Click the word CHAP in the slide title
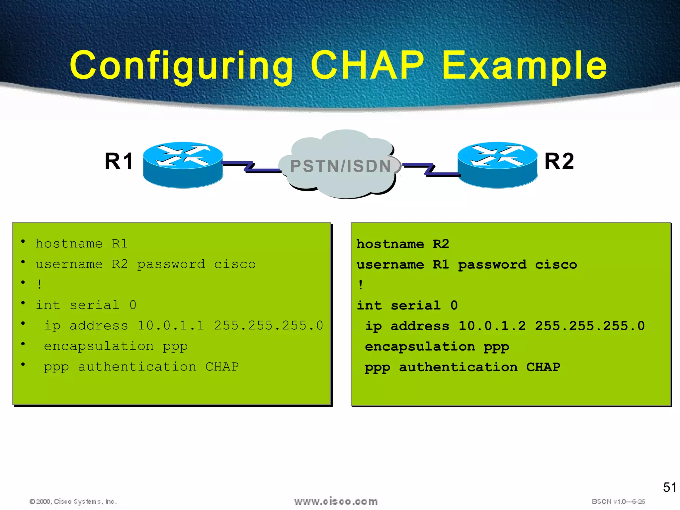pyautogui.click(x=367, y=65)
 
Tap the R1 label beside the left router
pyautogui.click(x=119, y=161)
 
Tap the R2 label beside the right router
pyautogui.click(x=559, y=161)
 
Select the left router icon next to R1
pyautogui.click(x=183, y=165)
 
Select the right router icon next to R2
pyautogui.click(x=497, y=165)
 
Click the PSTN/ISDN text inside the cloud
pyautogui.click(x=341, y=166)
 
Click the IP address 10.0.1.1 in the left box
pyautogui.click(x=171, y=325)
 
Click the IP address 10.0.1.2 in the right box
pyautogui.click(x=492, y=326)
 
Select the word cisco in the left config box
pyautogui.click(x=235, y=264)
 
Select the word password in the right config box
pyautogui.click(x=492, y=265)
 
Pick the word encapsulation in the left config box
pyautogui.click(x=99, y=346)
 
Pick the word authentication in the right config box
pyautogui.click(x=458, y=367)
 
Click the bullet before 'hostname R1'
pyautogui.click(x=23, y=241)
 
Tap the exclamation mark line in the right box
pyautogui.click(x=361, y=285)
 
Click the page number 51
pyautogui.click(x=669, y=487)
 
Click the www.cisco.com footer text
pyautogui.click(x=336, y=501)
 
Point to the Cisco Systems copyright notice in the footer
pyautogui.click(x=73, y=501)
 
